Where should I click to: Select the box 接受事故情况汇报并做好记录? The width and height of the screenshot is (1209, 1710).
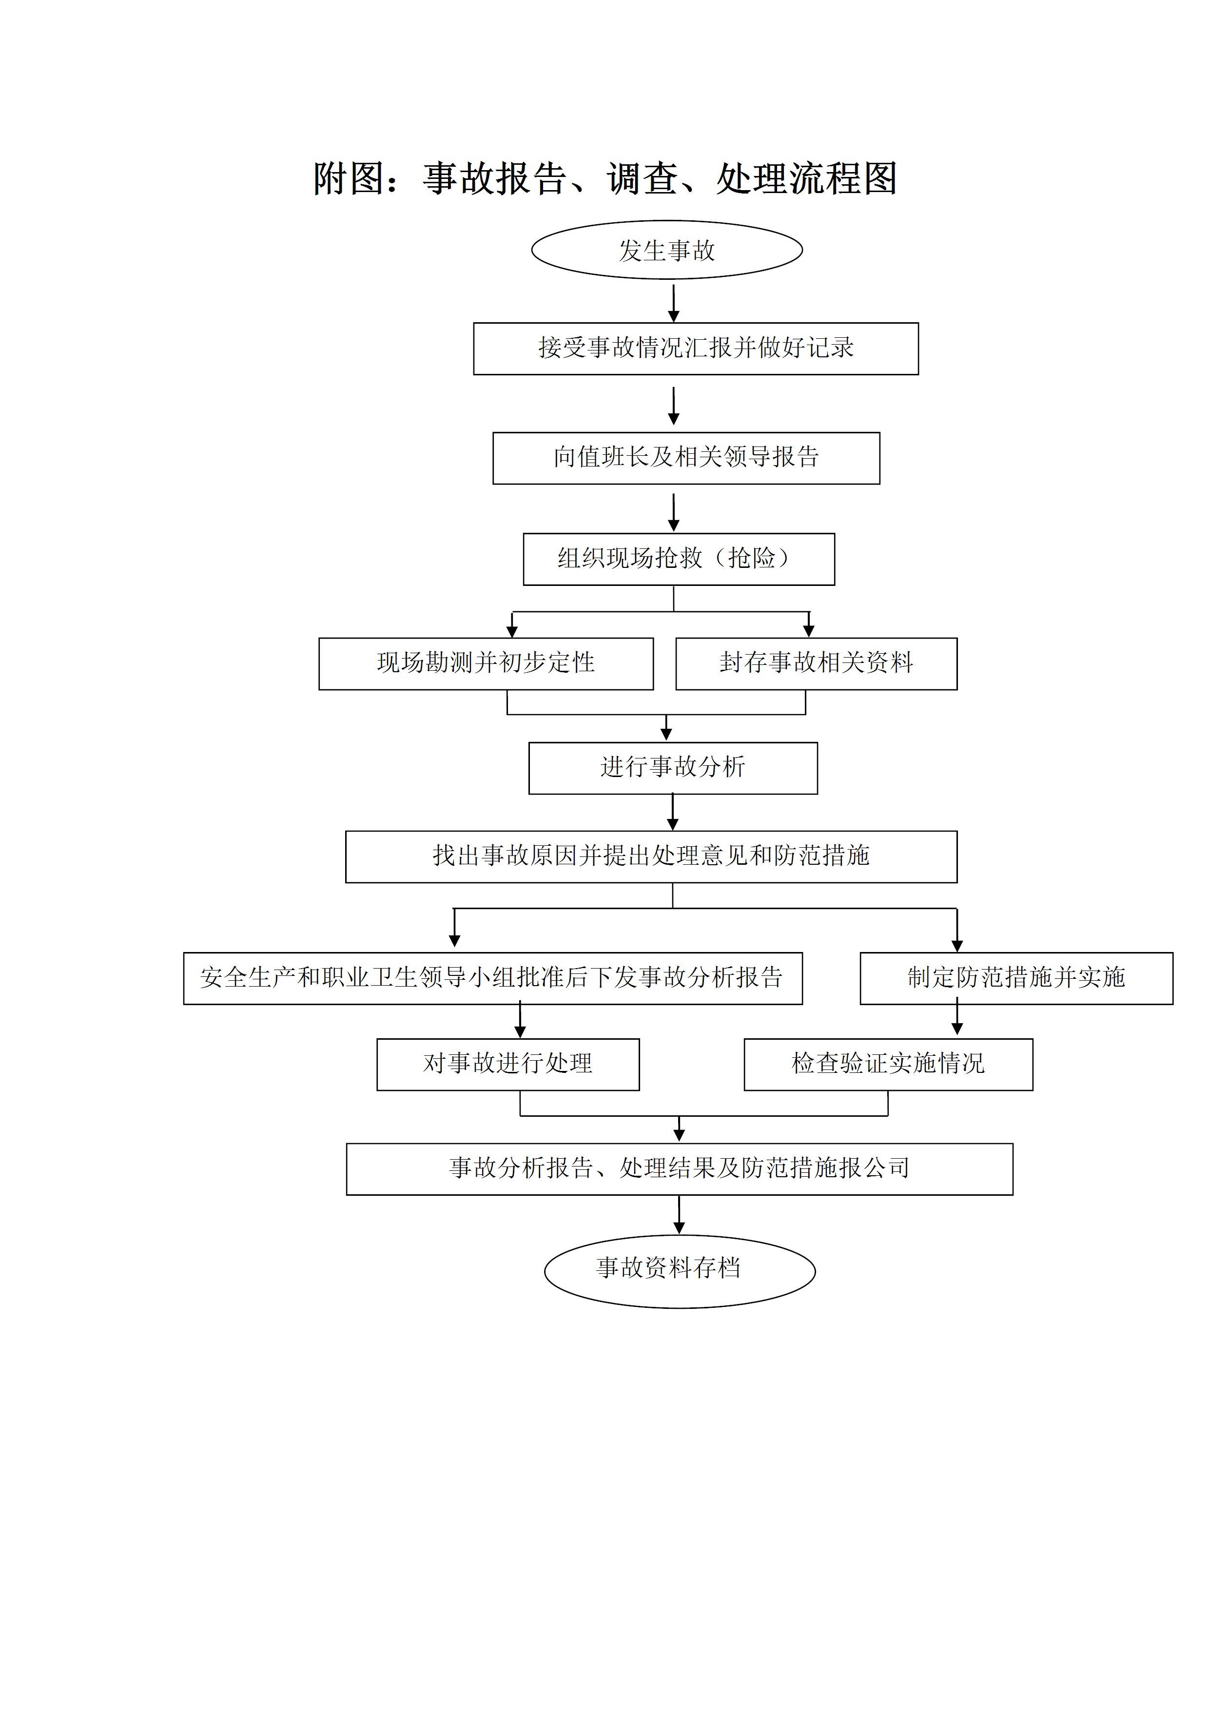696,349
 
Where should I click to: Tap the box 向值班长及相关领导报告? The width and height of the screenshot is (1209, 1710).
686,458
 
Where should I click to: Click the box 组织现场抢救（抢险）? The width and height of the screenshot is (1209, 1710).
679,559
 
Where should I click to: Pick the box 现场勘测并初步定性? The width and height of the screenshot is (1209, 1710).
486,663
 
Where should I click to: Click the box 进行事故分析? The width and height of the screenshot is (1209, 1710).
673,768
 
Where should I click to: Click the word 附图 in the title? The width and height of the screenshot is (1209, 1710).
349,179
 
